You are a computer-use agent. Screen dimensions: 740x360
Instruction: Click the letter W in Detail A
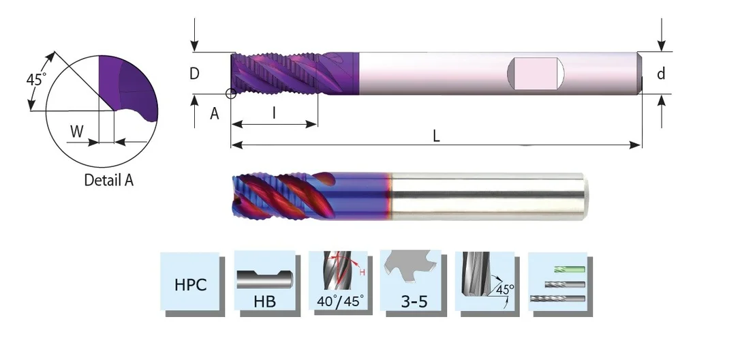click(77, 132)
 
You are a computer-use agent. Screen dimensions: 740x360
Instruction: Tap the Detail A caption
click(109, 180)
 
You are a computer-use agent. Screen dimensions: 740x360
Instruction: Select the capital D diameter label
click(194, 73)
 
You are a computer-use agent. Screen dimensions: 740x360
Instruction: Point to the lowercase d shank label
click(661, 73)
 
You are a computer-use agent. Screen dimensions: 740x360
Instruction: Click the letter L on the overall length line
click(437, 136)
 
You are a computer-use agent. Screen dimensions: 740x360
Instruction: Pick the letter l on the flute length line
click(275, 113)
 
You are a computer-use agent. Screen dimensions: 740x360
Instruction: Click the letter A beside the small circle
click(214, 113)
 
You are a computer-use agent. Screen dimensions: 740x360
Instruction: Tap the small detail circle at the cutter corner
click(231, 93)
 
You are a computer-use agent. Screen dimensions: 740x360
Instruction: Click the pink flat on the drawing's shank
click(536, 73)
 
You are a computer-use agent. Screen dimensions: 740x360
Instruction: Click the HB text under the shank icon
click(265, 301)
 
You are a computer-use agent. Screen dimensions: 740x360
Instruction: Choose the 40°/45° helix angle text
click(340, 301)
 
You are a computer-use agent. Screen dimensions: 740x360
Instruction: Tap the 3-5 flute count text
click(414, 301)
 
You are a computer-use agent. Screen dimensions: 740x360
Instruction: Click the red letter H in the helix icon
click(363, 272)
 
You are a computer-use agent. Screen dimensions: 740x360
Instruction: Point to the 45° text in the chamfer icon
click(504, 288)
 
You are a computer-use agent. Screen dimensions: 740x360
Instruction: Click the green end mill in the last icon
click(570, 269)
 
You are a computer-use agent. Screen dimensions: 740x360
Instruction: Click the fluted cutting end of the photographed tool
click(279, 196)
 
